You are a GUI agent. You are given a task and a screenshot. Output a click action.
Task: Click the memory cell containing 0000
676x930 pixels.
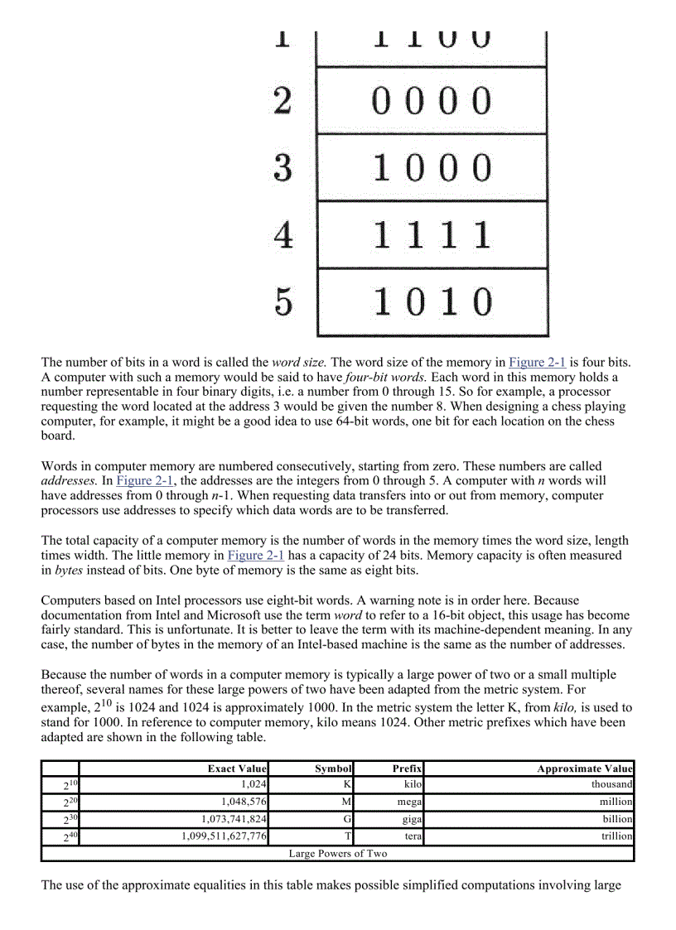432,100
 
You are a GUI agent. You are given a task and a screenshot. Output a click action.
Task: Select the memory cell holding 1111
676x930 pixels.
432,235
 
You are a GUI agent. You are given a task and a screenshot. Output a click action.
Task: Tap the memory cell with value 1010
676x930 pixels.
432,302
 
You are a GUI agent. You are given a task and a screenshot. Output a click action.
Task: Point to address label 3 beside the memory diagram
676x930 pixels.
283,168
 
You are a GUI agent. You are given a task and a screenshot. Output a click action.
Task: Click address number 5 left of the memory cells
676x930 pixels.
283,302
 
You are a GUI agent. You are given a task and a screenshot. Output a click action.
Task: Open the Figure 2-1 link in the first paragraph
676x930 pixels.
538,362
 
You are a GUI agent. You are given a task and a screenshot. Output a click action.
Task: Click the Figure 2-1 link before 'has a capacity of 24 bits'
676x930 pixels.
256,555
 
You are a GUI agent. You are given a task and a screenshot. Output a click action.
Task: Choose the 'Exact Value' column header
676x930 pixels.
237,769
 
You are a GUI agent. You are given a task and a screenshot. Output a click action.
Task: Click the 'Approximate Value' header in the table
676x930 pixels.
584,769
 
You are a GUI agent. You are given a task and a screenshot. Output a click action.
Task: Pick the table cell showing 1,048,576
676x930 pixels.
244,802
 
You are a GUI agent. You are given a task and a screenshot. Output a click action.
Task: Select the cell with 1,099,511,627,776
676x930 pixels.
224,836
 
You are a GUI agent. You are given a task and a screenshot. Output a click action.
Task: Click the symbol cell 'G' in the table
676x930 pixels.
348,819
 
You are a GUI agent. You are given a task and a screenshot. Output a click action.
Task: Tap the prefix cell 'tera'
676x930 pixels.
413,836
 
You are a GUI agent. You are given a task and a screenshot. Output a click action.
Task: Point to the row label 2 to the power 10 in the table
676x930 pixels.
70,784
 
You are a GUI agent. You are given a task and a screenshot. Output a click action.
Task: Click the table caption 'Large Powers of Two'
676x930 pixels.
337,853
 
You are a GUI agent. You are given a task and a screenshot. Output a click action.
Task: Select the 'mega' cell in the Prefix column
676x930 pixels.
409,802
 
